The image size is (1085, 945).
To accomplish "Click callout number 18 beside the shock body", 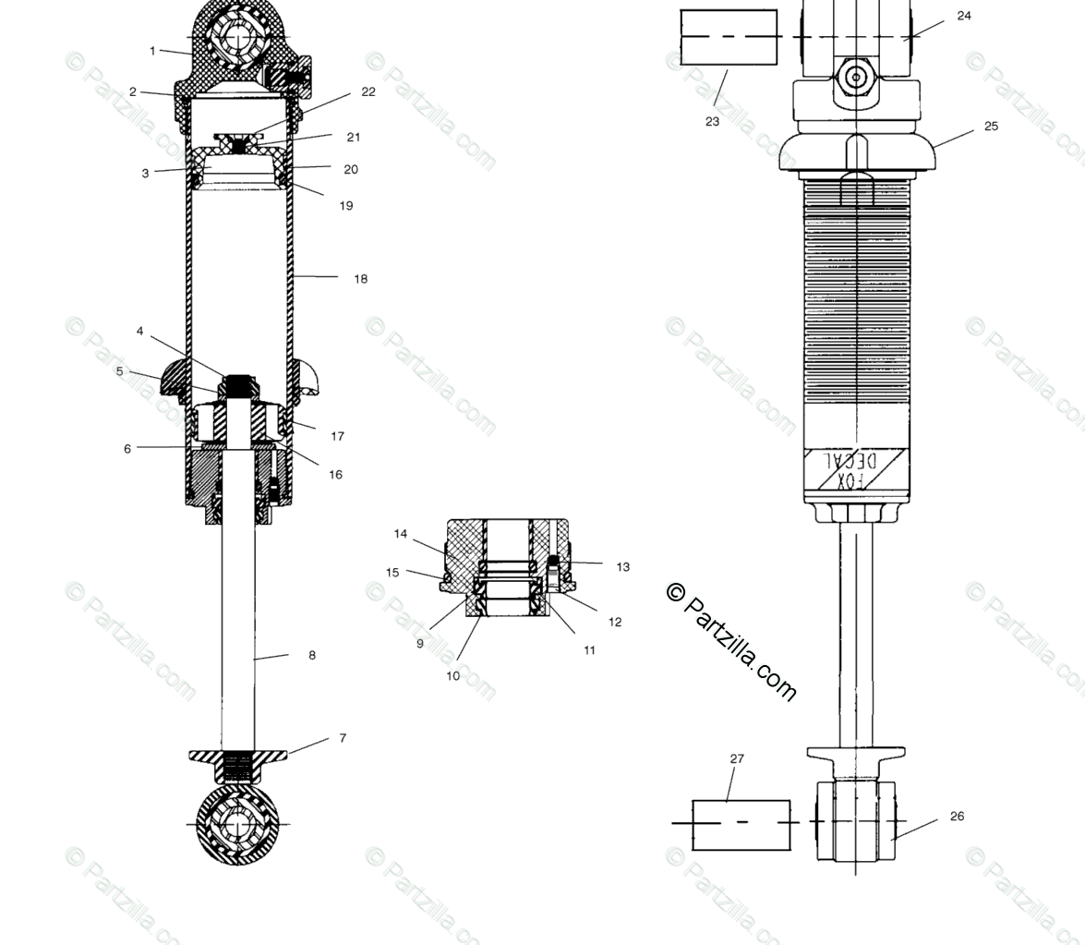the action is click(x=360, y=279).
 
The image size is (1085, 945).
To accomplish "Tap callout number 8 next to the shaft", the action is click(x=312, y=655).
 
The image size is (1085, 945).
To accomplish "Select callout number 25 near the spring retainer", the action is click(x=991, y=127).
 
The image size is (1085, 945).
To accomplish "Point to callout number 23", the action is click(x=712, y=121).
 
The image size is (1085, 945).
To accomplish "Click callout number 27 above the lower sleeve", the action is click(x=737, y=759).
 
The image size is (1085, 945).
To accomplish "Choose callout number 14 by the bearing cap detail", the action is click(x=400, y=534).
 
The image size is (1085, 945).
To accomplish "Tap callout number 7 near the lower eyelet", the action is click(x=343, y=738).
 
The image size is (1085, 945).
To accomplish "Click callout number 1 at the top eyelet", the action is click(x=152, y=51).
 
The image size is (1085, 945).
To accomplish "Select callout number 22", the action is click(x=368, y=91).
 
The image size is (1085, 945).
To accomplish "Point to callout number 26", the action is click(x=957, y=816).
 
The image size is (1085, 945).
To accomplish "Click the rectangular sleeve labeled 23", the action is click(x=729, y=38).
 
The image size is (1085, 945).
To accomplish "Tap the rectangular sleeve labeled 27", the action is click(x=741, y=825).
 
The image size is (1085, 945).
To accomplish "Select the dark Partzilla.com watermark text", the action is click(x=730, y=641).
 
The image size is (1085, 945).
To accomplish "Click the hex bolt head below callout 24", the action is click(x=857, y=77).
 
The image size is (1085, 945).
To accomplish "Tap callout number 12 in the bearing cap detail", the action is click(x=615, y=622).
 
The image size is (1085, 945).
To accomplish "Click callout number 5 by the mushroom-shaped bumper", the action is click(x=119, y=371).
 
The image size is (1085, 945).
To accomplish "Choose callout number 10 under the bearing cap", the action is click(x=452, y=676).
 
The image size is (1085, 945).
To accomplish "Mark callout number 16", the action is click(x=335, y=475).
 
